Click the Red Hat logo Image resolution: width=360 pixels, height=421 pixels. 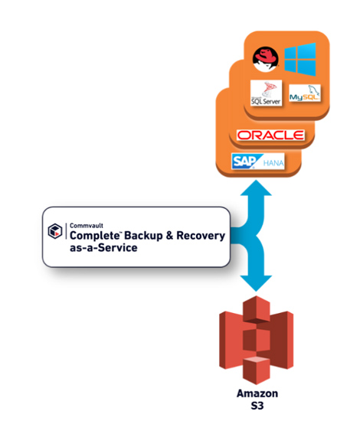pos(266,59)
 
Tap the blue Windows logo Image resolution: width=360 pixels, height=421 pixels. pos(300,60)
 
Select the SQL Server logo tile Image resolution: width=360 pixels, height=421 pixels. pos(266,93)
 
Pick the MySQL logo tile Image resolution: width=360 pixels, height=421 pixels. pos(305,93)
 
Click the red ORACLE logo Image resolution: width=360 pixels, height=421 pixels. pos(270,135)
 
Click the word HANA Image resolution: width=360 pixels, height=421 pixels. pos(273,163)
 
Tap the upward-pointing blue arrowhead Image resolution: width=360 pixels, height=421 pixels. pos(256,188)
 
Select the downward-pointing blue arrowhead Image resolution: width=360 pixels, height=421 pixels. pos(256,283)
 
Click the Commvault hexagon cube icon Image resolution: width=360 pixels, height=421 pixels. pos(55,231)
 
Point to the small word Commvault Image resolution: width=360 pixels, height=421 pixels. pos(87,226)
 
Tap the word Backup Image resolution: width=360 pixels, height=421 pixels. pos(143,236)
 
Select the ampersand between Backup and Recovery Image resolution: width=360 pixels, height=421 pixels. pos(169,236)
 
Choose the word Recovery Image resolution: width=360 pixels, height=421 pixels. pos(201,236)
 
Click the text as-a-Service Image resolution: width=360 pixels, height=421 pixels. pos(103,247)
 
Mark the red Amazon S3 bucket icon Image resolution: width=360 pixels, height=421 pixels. pos(256,340)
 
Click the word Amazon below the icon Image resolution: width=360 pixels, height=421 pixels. pos(257,393)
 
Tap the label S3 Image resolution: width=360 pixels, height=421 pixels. pos(257,406)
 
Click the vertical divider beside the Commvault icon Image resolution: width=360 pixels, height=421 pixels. pos(66,231)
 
